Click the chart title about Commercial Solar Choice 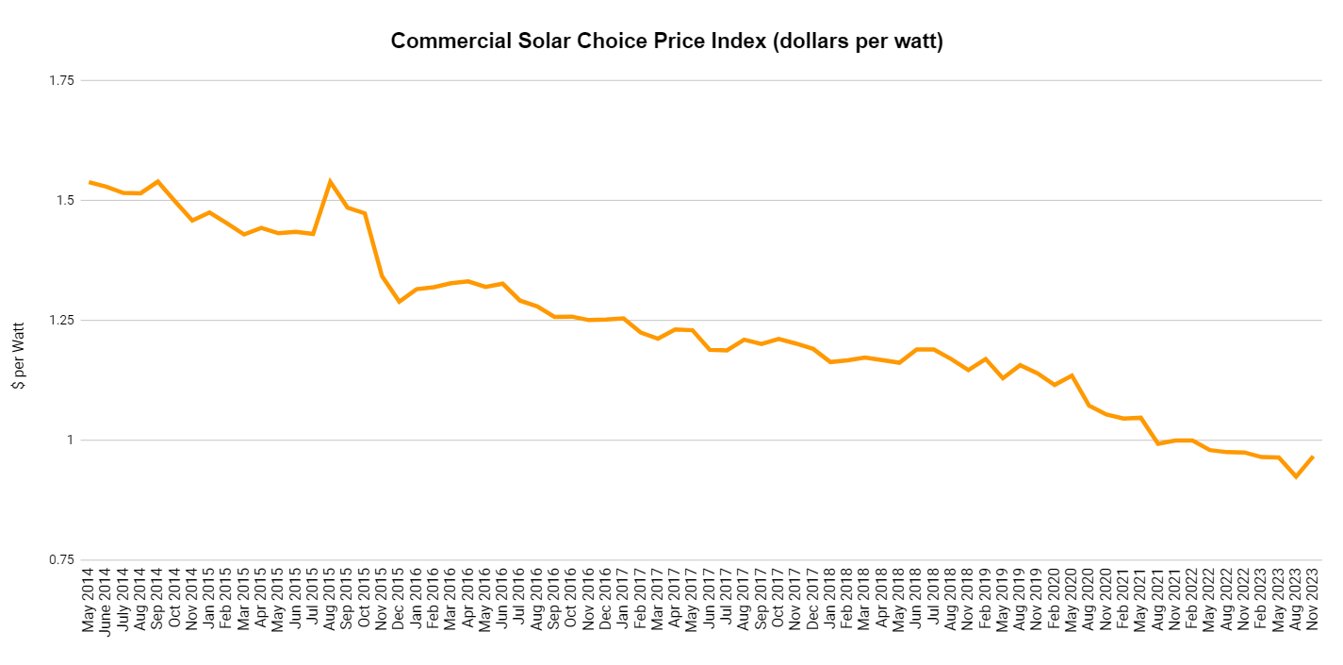666,42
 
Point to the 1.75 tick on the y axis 60,80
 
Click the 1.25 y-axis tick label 60,320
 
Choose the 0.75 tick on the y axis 60,559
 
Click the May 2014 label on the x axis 90,600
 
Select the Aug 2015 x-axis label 330,600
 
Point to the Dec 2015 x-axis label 399,600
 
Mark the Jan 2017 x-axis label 623,600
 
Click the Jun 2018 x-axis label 916,600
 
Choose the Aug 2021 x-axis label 1157,600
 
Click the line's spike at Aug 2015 330,181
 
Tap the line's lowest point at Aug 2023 1296,476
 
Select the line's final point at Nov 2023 1313,457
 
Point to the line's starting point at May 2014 90,182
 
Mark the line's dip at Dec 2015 399,302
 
